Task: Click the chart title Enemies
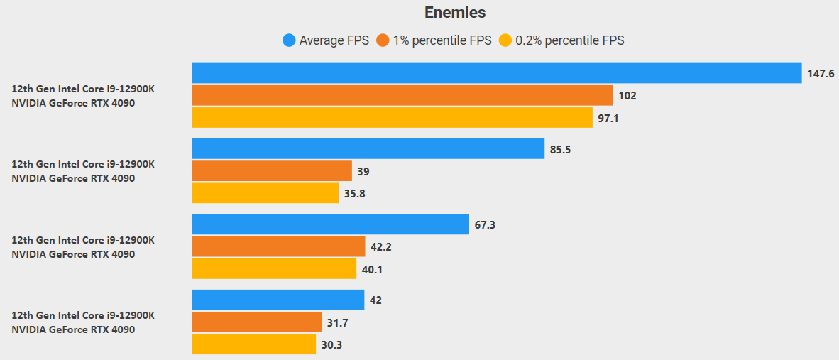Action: pyautogui.click(x=455, y=12)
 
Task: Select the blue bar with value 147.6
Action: pyautogui.click(x=497, y=73)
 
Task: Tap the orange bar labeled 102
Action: pyautogui.click(x=402, y=95)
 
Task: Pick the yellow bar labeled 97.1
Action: pyautogui.click(x=392, y=118)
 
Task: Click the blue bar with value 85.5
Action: pyautogui.click(x=368, y=148)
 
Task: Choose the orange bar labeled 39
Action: pyautogui.click(x=272, y=171)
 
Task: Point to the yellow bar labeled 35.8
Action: pyautogui.click(x=265, y=193)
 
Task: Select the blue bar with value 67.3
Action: pyautogui.click(x=330, y=224)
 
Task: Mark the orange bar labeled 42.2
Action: pyautogui.click(x=278, y=246)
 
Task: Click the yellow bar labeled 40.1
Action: pyautogui.click(x=274, y=269)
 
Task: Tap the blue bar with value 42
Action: pyautogui.click(x=278, y=300)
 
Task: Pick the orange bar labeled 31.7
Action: pyautogui.click(x=256, y=322)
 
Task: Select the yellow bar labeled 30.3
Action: pyautogui.click(x=253, y=344)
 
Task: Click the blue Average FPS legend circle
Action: pyautogui.click(x=289, y=40)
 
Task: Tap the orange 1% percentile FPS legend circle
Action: pyautogui.click(x=383, y=40)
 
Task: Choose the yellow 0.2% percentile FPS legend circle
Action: pyautogui.click(x=505, y=40)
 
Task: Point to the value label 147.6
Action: pyautogui.click(x=821, y=73)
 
